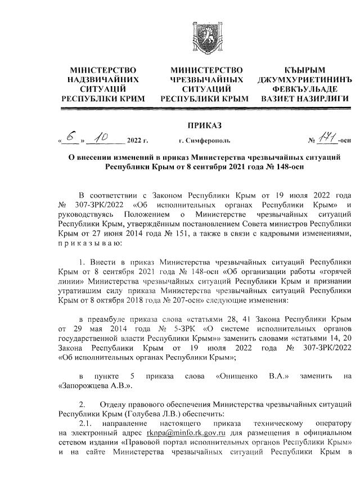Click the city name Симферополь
point(204,141)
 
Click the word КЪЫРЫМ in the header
point(304,70)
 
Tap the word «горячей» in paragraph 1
point(331,266)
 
